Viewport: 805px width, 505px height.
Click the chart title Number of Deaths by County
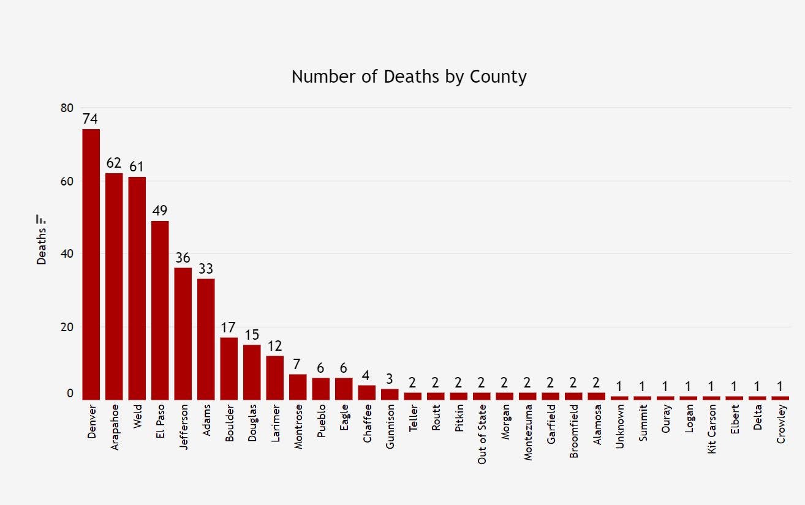point(409,77)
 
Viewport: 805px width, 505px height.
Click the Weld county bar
point(137,288)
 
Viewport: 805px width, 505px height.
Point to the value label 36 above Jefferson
point(183,258)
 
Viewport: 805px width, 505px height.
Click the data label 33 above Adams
point(206,269)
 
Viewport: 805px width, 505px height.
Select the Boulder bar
point(229,368)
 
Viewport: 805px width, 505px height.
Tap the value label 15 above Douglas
point(252,335)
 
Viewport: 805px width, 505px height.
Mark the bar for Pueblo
point(321,389)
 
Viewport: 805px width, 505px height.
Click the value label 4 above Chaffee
point(367,375)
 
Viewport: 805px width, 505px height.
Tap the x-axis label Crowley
point(781,423)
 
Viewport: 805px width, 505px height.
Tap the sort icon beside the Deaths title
point(42,219)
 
